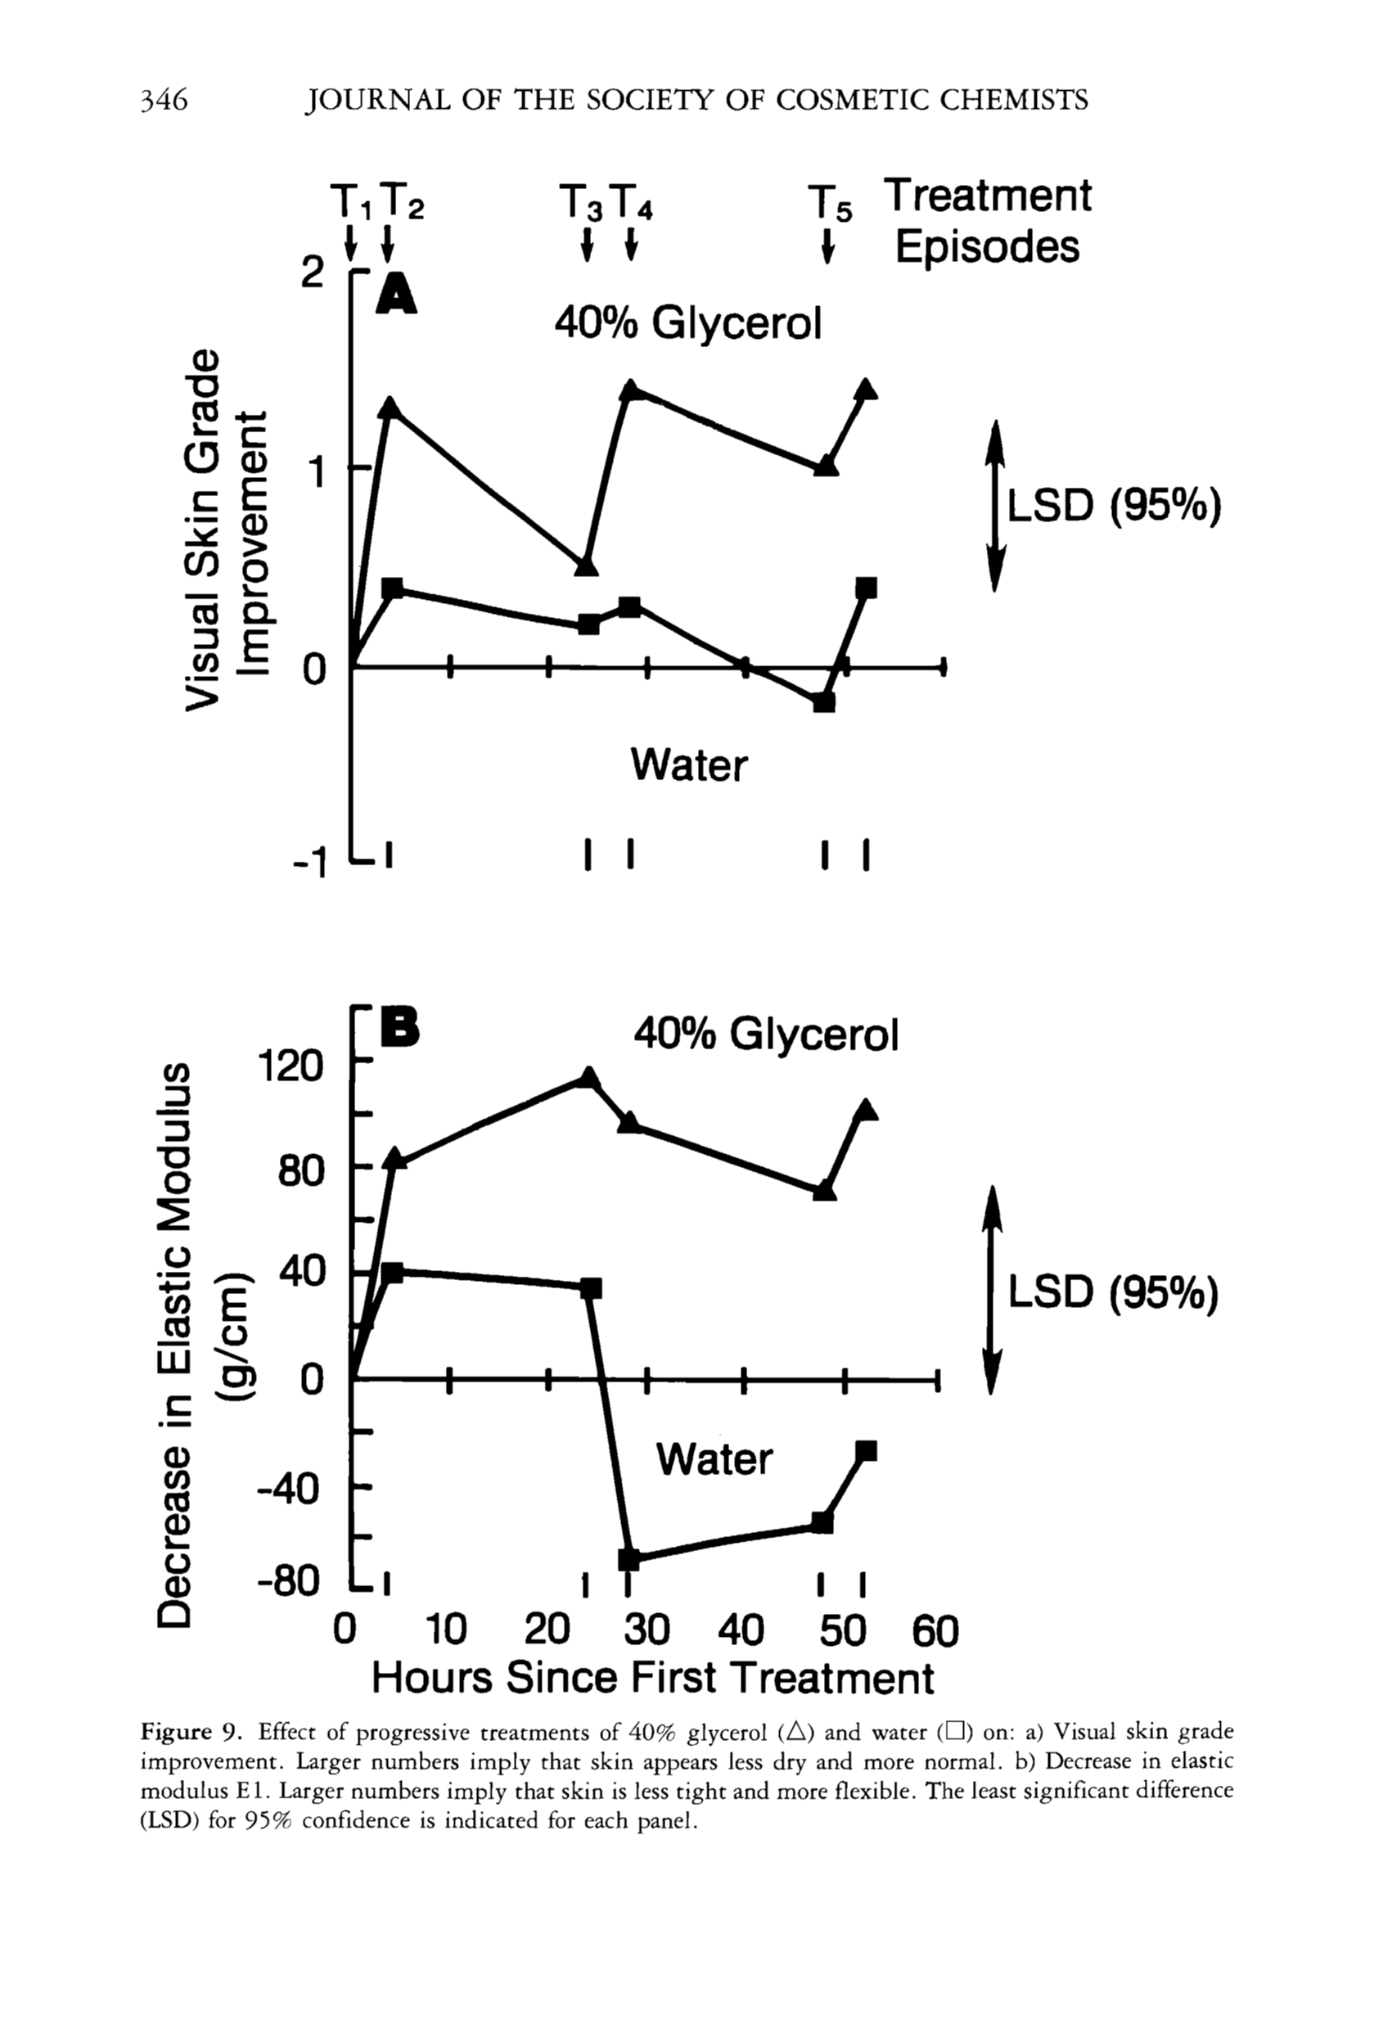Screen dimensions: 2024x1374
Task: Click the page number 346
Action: [164, 100]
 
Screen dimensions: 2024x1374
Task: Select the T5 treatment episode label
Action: [831, 204]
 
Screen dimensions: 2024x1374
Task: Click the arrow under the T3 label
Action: [588, 244]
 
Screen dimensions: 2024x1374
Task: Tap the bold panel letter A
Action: [396, 294]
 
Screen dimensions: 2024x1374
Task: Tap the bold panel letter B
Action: [399, 1029]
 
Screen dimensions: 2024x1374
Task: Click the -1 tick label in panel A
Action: [309, 863]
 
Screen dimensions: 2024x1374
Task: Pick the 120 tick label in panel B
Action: [291, 1065]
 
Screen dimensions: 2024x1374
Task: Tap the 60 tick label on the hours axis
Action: [935, 1630]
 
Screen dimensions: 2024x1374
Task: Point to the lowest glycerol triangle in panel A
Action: [588, 566]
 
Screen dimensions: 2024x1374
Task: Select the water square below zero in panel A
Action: [824, 701]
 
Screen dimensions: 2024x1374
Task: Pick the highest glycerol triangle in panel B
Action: [588, 1077]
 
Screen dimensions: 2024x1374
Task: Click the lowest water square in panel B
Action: [628, 1558]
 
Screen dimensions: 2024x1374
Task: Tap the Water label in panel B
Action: [714, 1458]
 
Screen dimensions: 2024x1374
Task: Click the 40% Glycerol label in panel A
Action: [688, 324]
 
